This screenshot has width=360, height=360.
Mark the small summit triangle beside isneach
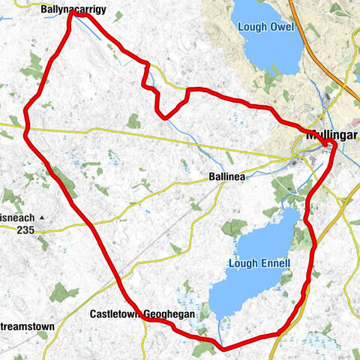click(43, 217)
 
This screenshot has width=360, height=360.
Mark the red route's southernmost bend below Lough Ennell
click(223, 348)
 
